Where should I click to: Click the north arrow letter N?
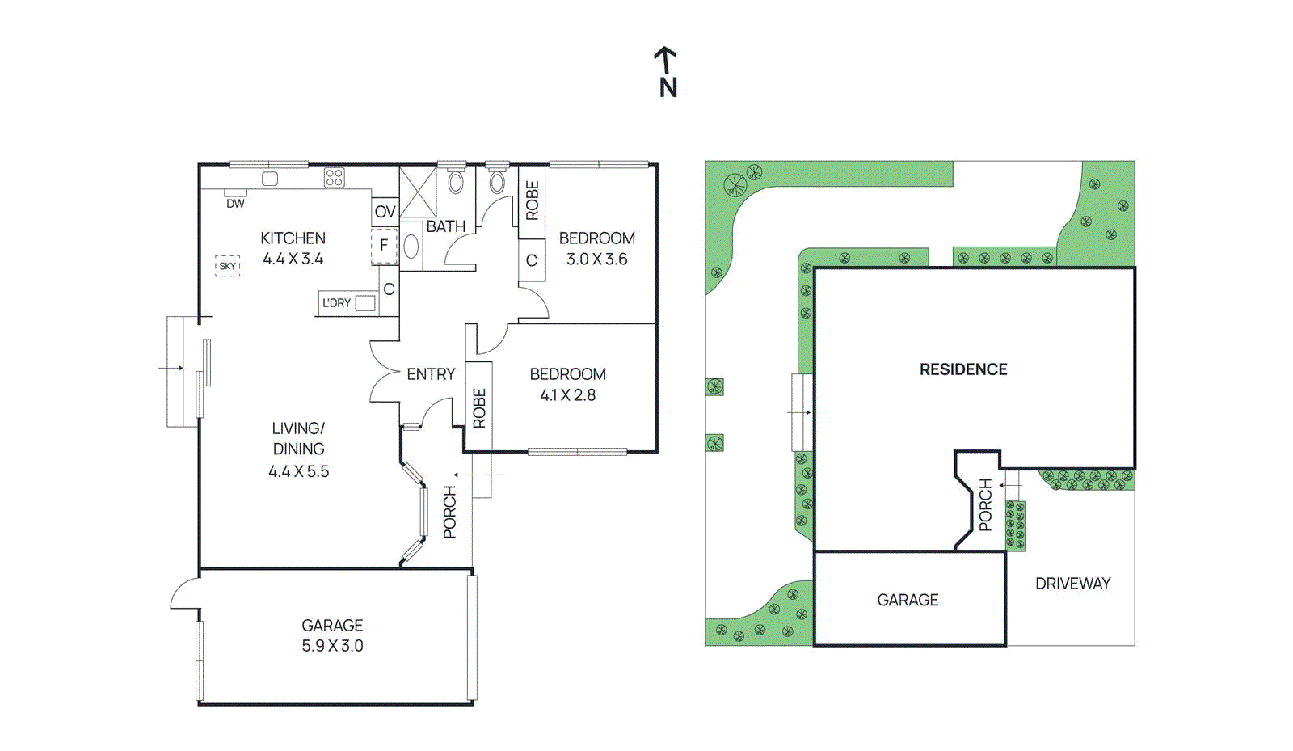[x=668, y=87]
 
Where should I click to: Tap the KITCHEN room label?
[x=293, y=238]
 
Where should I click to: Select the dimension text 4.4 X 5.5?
[x=298, y=471]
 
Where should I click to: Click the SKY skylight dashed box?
[x=228, y=266]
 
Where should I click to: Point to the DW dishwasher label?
[x=235, y=204]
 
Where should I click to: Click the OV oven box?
[x=385, y=212]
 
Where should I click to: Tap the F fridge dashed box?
[x=384, y=246]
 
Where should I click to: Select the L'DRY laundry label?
[x=336, y=303]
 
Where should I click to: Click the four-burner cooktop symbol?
[x=335, y=178]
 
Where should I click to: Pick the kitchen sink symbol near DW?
[x=270, y=179]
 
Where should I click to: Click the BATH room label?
[x=445, y=226]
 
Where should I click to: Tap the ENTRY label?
[x=431, y=374]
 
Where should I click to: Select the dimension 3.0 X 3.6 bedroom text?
[x=596, y=259]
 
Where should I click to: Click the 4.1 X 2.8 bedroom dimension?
[x=567, y=395]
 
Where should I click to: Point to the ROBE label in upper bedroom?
[x=532, y=200]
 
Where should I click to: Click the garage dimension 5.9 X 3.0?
[x=332, y=646]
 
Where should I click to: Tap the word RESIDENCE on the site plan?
[x=963, y=369]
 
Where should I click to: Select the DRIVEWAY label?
[x=1072, y=584]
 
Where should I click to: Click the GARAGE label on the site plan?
[x=908, y=600]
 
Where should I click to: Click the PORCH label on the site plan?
[x=985, y=505]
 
